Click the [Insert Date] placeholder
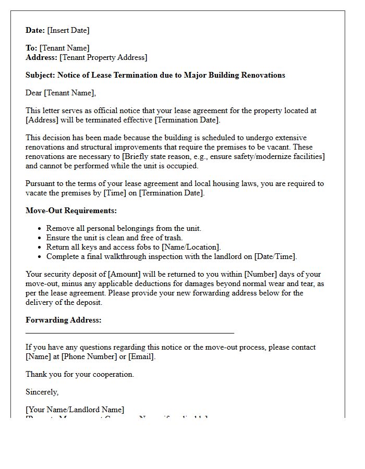(x=68, y=30)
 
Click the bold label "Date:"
(x=35, y=30)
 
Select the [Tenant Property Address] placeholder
(x=103, y=57)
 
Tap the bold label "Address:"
(x=41, y=57)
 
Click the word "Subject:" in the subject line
(x=40, y=75)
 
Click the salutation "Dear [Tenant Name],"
(x=61, y=93)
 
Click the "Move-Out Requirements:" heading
(x=71, y=211)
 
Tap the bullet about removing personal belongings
(x=124, y=228)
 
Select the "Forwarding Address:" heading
(x=64, y=320)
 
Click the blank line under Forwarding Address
(x=130, y=332)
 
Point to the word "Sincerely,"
(x=42, y=392)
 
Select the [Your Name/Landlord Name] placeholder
(x=75, y=410)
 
